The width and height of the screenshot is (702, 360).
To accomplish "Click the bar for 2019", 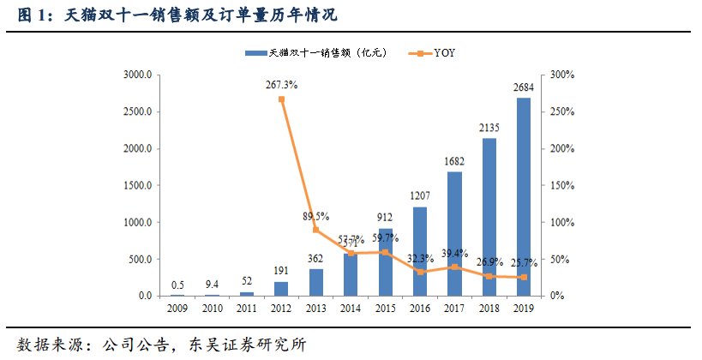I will [523, 197].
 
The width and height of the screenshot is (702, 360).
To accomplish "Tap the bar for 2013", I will [315, 282].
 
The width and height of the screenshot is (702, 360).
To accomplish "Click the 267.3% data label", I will [282, 84].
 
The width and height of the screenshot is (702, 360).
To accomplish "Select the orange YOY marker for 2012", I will [281, 99].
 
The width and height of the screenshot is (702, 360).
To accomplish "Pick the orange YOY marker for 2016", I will [420, 272].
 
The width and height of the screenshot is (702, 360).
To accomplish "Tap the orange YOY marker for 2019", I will [523, 277].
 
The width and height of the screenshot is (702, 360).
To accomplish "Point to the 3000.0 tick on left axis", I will [137, 75].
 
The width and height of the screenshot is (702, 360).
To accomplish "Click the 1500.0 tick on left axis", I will [137, 186].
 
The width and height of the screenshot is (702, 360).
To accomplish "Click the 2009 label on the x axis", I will [177, 309].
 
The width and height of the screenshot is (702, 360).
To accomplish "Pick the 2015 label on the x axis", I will [385, 309].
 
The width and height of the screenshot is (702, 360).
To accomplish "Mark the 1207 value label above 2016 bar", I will [420, 196].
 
